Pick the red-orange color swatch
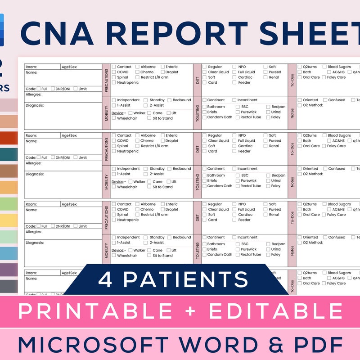9,138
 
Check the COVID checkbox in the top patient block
114,72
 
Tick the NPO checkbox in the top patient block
235,67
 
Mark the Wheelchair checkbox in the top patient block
114,118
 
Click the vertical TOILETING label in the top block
198,113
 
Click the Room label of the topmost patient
31,67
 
